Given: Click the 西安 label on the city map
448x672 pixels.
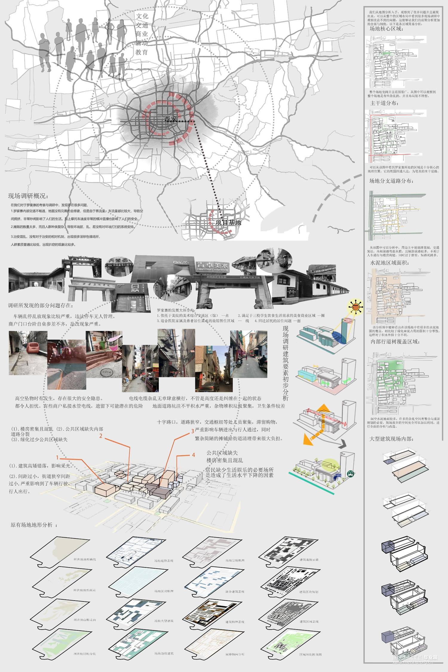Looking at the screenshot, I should [171, 119].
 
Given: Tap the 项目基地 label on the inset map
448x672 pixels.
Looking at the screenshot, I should [228, 222].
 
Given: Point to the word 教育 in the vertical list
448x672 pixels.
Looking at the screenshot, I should [142, 52].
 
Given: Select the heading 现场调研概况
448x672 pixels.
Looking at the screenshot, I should [28, 196].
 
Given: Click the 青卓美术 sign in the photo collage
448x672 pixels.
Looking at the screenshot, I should [212, 265].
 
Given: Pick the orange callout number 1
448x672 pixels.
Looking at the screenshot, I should [57, 457].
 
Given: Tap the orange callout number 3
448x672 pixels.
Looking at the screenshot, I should [193, 431].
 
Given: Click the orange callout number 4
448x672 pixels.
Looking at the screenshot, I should [193, 455].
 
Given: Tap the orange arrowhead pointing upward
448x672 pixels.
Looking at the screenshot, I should [324, 408].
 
